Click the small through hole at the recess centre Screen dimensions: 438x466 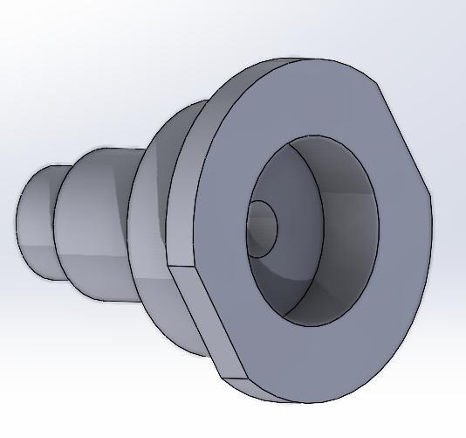[x=262, y=228]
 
